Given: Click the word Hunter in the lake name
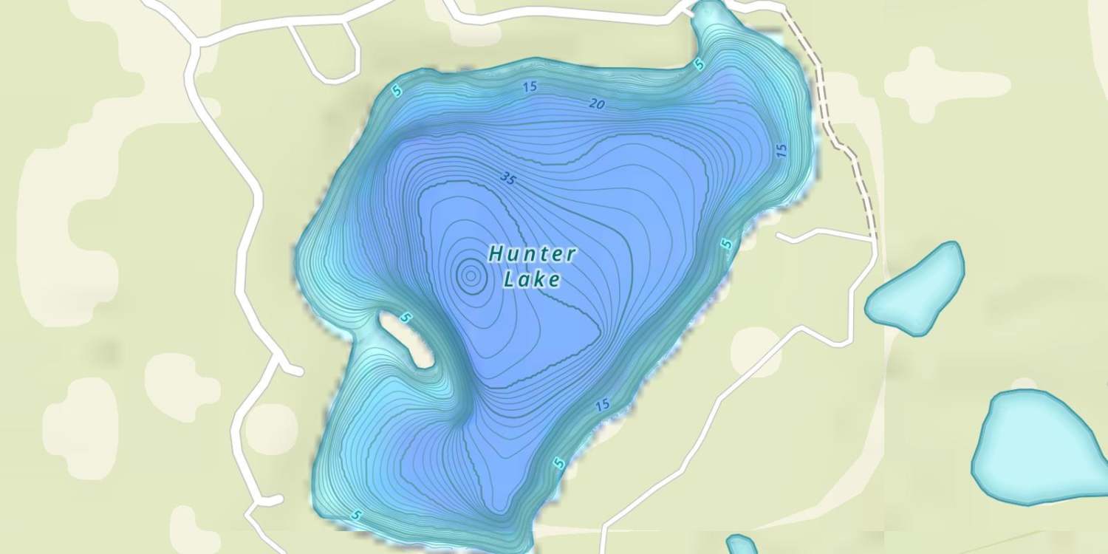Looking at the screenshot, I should tap(532, 254).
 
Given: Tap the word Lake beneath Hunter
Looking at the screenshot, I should tap(531, 279).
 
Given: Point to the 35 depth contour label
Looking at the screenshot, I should tap(507, 177).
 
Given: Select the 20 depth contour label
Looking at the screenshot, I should tap(597, 105).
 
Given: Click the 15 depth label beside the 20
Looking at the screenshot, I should tap(529, 87).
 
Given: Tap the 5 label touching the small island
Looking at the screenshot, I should tap(406, 318).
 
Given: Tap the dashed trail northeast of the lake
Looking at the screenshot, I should tap(835, 126).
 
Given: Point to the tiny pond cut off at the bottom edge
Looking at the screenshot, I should tap(741, 545).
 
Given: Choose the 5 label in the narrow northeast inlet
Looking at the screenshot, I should tap(699, 65).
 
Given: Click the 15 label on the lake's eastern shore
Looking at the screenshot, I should tap(782, 149).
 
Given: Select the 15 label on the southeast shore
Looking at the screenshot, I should tap(602, 405).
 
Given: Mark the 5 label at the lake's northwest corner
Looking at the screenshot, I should tap(397, 91).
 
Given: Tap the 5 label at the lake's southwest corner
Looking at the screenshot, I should tap(358, 515).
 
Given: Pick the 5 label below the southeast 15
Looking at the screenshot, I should tap(559, 464).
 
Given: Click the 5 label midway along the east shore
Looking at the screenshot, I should tap(727, 244).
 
